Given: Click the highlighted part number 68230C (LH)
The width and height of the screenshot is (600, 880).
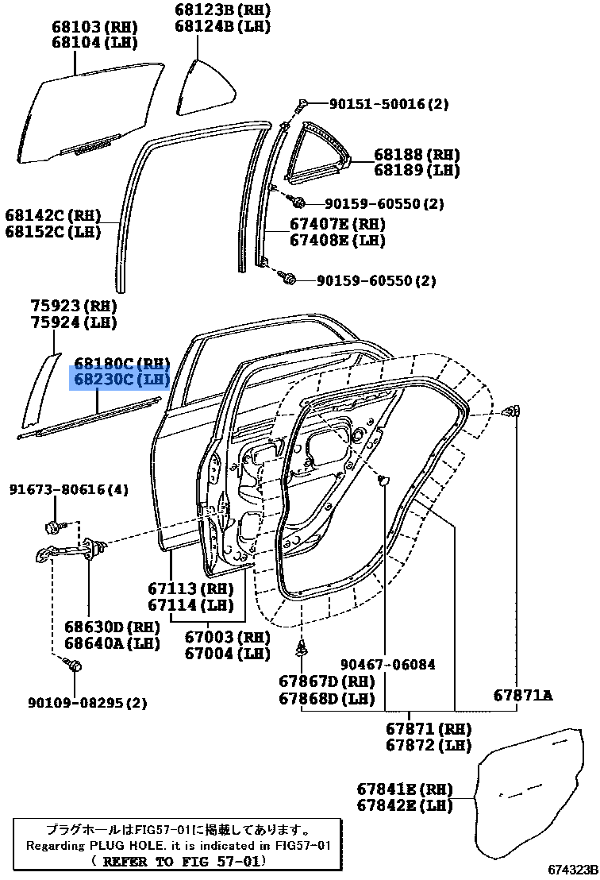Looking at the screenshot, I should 121,380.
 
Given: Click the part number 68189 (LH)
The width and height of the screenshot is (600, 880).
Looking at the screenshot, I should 417,170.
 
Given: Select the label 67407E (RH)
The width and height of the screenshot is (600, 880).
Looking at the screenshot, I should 337,224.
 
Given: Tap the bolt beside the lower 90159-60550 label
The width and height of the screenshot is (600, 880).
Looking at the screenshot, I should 290,279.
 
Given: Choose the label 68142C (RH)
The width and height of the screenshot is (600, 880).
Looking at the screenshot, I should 54,215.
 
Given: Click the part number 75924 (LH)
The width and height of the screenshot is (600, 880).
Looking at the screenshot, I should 73,322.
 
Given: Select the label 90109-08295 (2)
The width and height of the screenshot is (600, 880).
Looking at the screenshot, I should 87,703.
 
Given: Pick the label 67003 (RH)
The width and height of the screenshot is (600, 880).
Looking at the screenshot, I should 227,638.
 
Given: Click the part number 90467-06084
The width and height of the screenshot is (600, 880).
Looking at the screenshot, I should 388,664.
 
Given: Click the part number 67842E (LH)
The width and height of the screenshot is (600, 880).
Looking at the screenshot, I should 404,805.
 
